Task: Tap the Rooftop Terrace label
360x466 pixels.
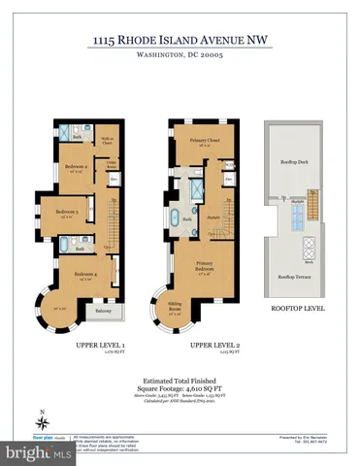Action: [292, 278]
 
